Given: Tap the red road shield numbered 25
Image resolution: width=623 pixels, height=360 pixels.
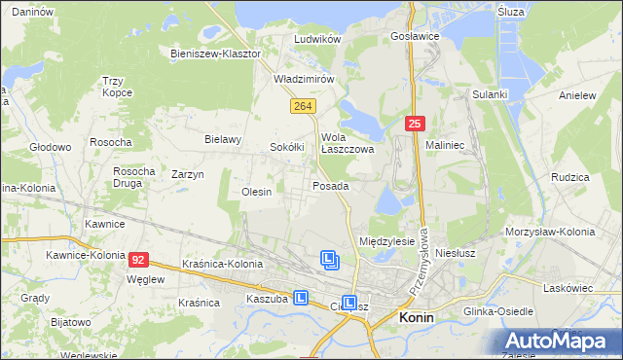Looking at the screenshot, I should coord(415,124).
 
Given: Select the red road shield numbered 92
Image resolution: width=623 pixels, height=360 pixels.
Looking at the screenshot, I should coord(139,260).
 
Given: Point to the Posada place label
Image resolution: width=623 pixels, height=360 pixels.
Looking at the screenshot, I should coord(330,185).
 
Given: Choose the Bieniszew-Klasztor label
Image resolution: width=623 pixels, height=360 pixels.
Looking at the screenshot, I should coord(215,54).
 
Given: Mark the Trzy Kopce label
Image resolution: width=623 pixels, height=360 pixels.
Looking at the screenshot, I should coord(117,88).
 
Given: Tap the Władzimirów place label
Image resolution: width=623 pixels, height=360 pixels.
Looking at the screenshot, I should coord(304,78).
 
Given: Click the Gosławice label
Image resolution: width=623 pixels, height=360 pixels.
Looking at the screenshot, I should coord(415,35).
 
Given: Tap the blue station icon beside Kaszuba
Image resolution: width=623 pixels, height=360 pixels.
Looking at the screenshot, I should coord(303,299).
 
